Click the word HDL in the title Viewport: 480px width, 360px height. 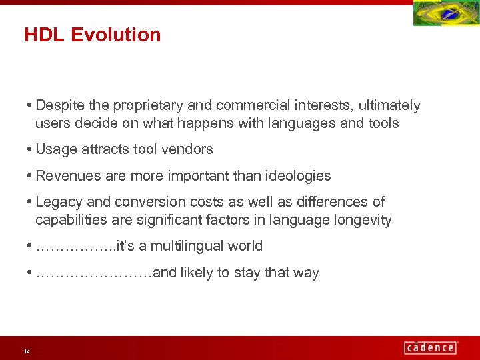click(x=44, y=35)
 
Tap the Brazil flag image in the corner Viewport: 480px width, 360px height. click(x=445, y=13)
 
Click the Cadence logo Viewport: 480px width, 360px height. click(x=430, y=347)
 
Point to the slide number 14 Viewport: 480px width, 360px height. click(x=26, y=351)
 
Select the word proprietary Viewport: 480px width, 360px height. click(x=148, y=105)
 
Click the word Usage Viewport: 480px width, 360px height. click(x=56, y=149)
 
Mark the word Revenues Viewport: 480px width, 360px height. click(x=65, y=176)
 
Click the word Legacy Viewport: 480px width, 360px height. click(x=57, y=202)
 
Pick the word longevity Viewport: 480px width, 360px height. click(x=363, y=220)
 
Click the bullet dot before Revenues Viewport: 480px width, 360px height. click(x=31, y=176)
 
